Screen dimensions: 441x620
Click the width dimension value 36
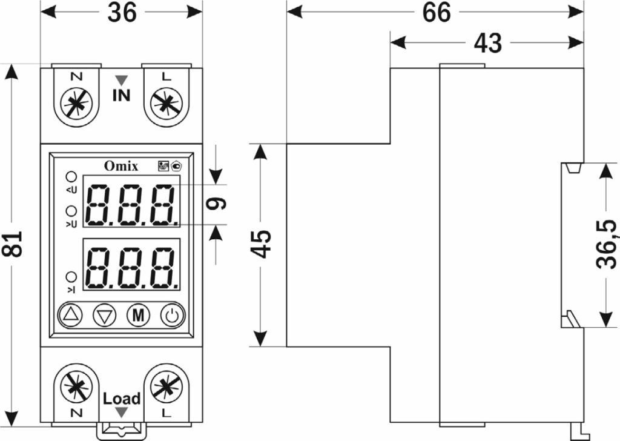click(122, 13)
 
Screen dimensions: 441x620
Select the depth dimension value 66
click(437, 13)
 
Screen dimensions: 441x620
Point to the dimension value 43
click(487, 43)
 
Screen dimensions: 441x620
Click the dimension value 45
click(262, 244)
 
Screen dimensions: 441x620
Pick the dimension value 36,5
click(605, 244)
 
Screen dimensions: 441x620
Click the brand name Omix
click(120, 165)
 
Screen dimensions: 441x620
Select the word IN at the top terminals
click(121, 95)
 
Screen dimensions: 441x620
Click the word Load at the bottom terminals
click(121, 399)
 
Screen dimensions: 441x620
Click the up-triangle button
click(71, 315)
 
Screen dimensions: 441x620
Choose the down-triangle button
click(105, 315)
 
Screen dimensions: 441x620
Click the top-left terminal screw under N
click(76, 103)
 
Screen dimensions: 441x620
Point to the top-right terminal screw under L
click(165, 103)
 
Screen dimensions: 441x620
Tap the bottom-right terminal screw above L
click(165, 388)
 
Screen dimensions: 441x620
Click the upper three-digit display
click(131, 204)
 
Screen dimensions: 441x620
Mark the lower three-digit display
click(131, 267)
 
